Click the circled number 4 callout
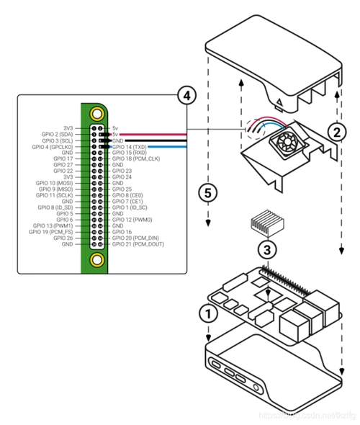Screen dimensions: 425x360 click(186, 95)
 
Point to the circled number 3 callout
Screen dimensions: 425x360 click(266, 249)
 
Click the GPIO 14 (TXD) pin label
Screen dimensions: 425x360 click(130, 146)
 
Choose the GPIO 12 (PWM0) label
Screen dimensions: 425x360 click(132, 220)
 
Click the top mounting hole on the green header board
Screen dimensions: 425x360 click(96, 113)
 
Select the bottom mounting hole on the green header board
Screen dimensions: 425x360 click(96, 259)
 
